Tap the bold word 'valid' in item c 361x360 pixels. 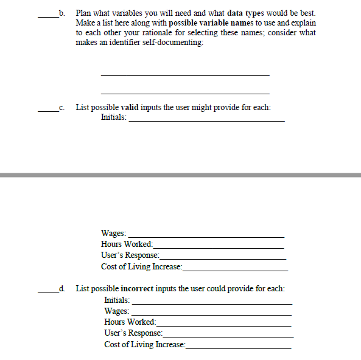coord(131,108)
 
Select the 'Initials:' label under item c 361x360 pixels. coord(114,117)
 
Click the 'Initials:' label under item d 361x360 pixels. coord(117,300)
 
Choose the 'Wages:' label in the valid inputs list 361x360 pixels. coord(114,233)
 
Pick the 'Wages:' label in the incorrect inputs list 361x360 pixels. coord(117,311)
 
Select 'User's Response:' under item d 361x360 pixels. coord(133,333)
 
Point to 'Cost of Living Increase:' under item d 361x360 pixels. coord(144,344)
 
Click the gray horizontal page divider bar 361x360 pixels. coord(180,175)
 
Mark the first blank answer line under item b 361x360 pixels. coord(184,75)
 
